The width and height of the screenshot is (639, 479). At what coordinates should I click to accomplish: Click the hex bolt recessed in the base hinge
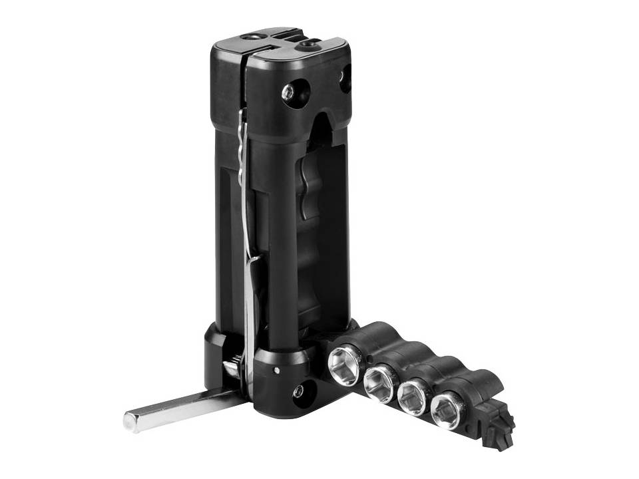pos(298,391)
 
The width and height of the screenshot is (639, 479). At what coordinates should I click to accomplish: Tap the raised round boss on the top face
pos(310,45)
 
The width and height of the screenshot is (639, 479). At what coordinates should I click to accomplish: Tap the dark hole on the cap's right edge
pos(345,79)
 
